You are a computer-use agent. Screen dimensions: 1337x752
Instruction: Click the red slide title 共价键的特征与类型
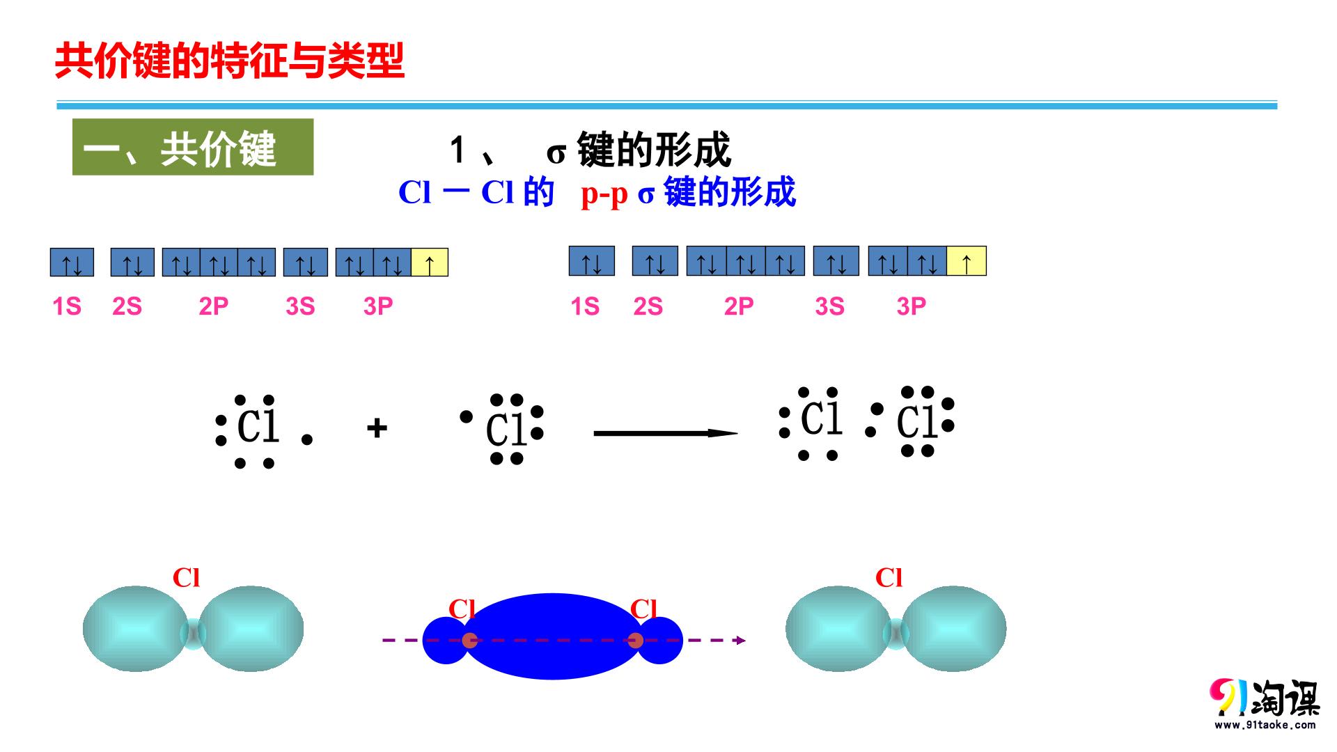(x=230, y=61)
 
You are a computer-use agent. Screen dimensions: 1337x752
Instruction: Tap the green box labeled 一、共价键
(x=193, y=147)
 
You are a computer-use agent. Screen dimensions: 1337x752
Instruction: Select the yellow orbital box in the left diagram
(x=430, y=263)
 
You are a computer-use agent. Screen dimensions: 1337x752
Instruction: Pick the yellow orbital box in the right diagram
(x=967, y=261)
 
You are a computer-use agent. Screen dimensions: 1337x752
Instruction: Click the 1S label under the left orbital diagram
(x=67, y=306)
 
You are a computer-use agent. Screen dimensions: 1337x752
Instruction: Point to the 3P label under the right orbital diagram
(x=912, y=306)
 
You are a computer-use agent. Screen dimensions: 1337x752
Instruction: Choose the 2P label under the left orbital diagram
(x=214, y=306)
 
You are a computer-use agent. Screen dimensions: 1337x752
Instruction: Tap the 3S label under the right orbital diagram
(x=829, y=306)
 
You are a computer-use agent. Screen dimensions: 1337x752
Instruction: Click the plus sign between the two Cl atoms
(x=377, y=428)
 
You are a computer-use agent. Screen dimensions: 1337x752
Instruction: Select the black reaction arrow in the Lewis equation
(x=666, y=433)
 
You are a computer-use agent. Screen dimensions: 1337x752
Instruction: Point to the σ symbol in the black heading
(x=556, y=153)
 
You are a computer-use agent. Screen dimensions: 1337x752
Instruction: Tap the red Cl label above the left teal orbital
(x=186, y=577)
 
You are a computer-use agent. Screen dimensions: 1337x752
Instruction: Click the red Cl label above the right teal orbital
(x=889, y=577)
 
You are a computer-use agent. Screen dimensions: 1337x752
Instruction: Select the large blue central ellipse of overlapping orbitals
(x=552, y=636)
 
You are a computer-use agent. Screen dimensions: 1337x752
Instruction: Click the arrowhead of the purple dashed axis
(x=742, y=641)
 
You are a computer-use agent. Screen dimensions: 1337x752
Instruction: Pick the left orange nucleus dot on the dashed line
(x=470, y=641)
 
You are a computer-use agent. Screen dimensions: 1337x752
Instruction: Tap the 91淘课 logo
(x=1265, y=698)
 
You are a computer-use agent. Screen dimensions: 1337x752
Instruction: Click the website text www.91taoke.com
(x=1265, y=725)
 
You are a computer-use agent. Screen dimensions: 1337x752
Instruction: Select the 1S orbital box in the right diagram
(x=592, y=261)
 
